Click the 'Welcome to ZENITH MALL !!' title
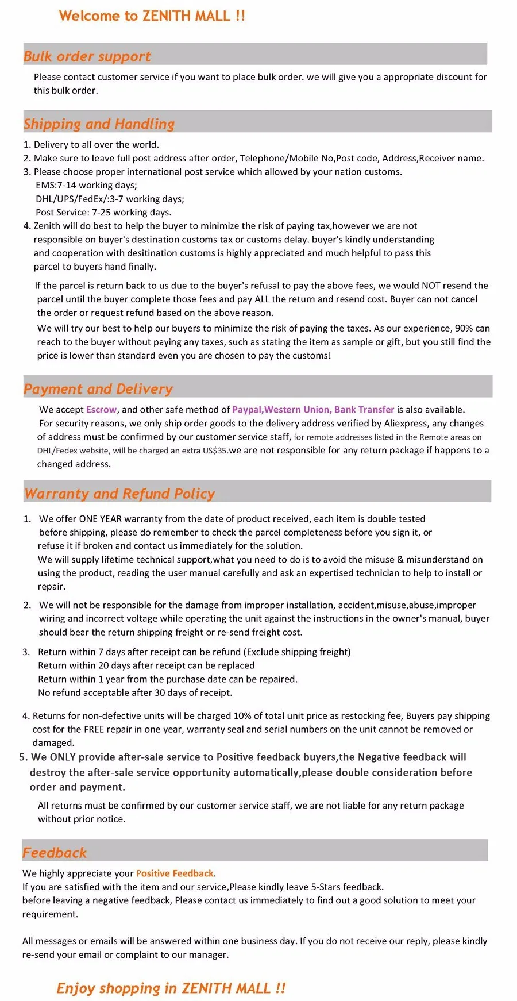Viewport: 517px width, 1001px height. [x=152, y=16]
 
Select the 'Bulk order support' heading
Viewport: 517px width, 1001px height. [x=87, y=56]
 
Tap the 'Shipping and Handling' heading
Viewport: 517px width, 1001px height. [x=99, y=124]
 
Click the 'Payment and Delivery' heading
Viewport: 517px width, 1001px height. [x=98, y=389]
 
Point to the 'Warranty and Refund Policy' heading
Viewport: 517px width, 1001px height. [x=119, y=494]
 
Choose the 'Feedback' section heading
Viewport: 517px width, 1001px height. [x=55, y=853]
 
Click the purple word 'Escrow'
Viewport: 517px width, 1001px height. [x=101, y=410]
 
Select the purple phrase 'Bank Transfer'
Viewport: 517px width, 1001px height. [x=364, y=410]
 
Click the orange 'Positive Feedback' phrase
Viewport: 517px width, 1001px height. [x=175, y=873]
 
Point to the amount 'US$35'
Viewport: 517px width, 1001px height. [x=215, y=451]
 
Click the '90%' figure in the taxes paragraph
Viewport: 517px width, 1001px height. [x=464, y=329]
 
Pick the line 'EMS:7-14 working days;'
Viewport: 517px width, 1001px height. [x=86, y=186]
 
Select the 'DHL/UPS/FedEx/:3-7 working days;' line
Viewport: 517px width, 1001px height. [x=110, y=199]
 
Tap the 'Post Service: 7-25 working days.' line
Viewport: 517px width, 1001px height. [x=103, y=213]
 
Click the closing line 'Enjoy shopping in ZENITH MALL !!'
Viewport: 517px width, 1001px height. [x=171, y=988]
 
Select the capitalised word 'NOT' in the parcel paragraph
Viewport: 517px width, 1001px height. [x=431, y=286]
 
